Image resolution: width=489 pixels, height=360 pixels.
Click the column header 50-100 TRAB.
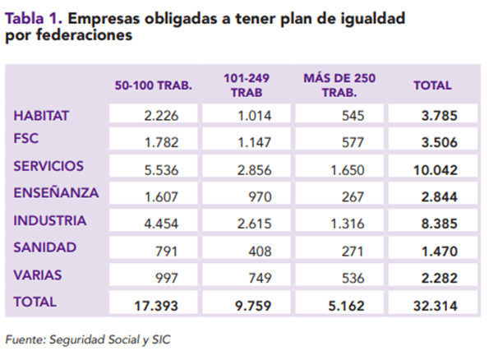click(x=153, y=85)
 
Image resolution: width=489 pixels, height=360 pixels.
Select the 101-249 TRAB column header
click(x=247, y=85)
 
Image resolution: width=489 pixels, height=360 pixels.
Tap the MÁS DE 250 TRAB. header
click(x=339, y=85)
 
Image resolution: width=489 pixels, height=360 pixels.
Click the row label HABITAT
click(x=41, y=116)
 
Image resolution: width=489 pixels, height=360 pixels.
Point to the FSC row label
click(x=25, y=139)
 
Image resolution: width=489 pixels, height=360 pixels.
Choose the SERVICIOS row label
click(x=48, y=166)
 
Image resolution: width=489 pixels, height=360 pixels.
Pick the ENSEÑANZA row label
click(x=56, y=192)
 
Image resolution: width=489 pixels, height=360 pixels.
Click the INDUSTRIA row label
click(x=50, y=220)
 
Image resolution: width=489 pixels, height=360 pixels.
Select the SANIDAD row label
click(x=45, y=247)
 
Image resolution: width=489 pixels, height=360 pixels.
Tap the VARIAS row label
click(x=38, y=275)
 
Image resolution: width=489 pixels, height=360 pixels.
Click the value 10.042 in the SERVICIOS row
click(x=436, y=170)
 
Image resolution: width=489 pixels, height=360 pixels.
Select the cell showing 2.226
click(x=161, y=116)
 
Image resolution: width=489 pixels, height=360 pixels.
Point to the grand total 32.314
click(x=436, y=306)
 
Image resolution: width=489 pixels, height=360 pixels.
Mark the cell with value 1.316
click(x=347, y=224)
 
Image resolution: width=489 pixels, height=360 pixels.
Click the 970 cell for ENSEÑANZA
click(x=260, y=197)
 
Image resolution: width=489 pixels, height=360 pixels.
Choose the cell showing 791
click(x=167, y=252)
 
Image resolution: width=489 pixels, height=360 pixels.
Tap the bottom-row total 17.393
click(x=156, y=306)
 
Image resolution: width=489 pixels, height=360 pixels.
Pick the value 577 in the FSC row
click(x=353, y=142)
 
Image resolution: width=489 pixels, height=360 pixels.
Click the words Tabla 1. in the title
click(x=34, y=19)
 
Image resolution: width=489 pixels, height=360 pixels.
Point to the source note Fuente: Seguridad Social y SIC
click(x=88, y=339)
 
